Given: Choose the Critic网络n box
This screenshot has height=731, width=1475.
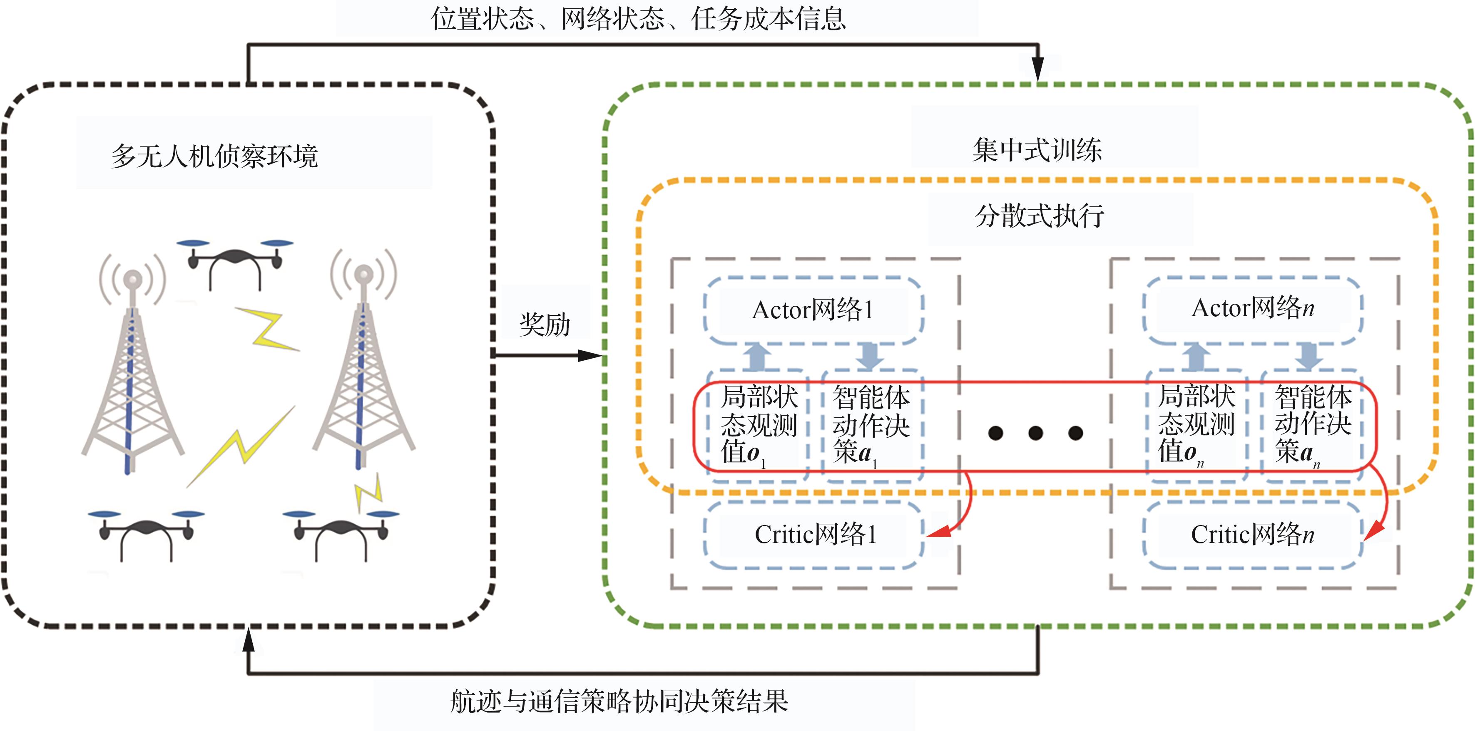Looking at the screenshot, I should (x=1252, y=535).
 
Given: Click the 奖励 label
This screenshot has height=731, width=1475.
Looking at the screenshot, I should (x=545, y=325).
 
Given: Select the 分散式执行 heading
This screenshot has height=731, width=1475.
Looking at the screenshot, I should (x=1039, y=216).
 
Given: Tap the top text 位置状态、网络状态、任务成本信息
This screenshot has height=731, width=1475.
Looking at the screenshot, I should (x=639, y=18).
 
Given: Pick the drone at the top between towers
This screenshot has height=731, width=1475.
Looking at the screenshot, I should (x=235, y=261).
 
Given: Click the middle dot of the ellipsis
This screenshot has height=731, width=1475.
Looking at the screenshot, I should (x=1035, y=433).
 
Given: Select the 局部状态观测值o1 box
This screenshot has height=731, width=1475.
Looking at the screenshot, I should (x=758, y=425).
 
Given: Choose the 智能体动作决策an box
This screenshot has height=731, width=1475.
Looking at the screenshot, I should (x=1312, y=425).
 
